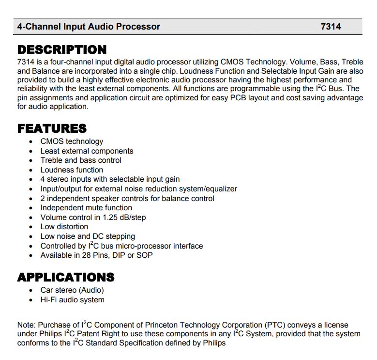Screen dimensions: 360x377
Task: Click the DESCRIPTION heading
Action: coord(62,50)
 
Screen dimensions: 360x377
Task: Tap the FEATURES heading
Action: coord(52,128)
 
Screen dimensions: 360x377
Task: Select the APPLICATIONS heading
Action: coord(66,277)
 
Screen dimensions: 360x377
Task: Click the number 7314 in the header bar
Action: coord(331,27)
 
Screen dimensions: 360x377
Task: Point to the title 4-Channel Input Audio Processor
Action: coord(89,27)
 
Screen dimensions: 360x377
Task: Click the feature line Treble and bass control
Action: coord(81,160)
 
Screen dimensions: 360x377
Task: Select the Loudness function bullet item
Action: coord(72,170)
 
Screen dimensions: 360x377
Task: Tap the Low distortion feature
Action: coord(64,227)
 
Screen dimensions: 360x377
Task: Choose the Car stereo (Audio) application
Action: coord(72,290)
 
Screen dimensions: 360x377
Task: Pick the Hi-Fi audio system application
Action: coord(72,300)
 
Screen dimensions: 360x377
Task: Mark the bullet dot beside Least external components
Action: coord(31,151)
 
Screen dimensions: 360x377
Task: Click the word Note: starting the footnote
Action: coord(26,325)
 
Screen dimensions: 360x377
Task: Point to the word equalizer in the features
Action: coord(220,189)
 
